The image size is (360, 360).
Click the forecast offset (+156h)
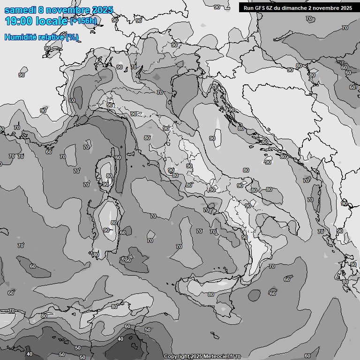click(x=83, y=21)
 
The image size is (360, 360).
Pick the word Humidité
click(x=21, y=37)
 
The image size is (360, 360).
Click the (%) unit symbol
click(x=72, y=37)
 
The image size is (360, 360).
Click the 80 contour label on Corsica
click(x=109, y=176)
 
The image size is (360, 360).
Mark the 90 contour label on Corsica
click(x=105, y=184)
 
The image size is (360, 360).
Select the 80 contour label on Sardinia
click(x=114, y=223)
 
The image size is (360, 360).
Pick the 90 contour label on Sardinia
click(x=106, y=230)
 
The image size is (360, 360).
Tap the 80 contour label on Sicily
click(x=211, y=294)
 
